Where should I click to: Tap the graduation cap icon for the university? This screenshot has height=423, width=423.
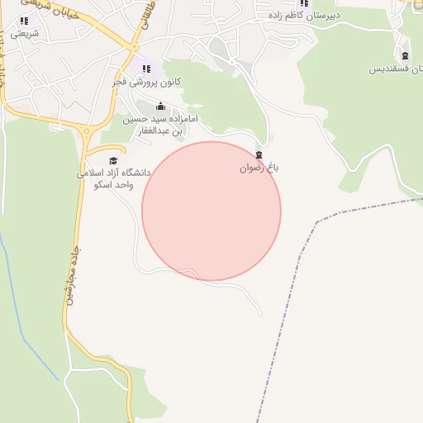[113, 160]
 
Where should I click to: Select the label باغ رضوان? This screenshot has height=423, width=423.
[259, 167]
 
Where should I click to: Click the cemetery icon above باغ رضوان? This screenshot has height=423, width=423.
[259, 154]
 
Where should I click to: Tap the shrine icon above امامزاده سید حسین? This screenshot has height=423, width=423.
[160, 107]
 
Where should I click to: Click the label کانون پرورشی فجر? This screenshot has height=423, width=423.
[147, 83]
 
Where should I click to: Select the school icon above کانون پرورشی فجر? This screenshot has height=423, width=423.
[146, 69]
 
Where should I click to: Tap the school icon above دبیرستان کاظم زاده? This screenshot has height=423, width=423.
[303, 2]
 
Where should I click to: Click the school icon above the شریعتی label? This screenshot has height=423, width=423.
[24, 21]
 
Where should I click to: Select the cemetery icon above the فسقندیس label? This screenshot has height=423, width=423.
[405, 55]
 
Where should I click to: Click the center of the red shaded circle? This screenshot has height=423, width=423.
[211, 211]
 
